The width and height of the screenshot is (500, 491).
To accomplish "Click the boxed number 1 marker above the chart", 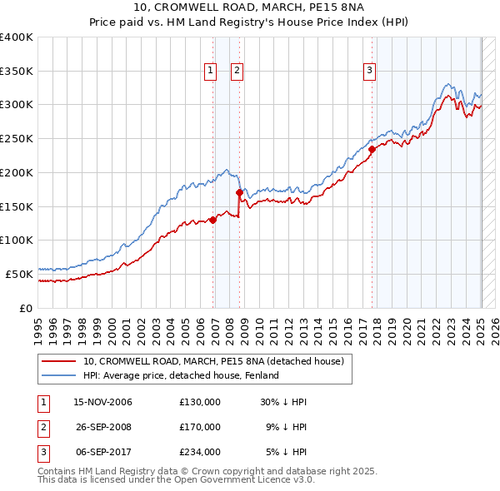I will click(x=210, y=72).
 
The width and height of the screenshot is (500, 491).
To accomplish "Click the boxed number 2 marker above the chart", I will click(x=237, y=72).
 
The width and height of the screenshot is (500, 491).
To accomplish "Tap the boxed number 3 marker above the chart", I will click(x=369, y=72).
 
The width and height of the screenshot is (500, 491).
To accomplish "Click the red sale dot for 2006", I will click(x=212, y=220).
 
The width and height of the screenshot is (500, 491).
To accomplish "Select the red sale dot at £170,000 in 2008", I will click(x=239, y=192).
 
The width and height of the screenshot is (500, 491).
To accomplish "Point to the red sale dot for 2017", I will click(x=372, y=150).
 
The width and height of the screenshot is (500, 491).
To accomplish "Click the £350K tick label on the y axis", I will click(x=17, y=71).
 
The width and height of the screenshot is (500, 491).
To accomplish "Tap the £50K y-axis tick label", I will click(x=20, y=273).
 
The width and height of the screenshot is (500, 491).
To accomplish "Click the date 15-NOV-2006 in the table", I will click(x=103, y=402).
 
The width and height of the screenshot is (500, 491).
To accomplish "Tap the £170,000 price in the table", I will click(x=200, y=427).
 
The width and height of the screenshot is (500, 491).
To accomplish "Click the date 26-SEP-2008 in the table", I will click(x=103, y=427).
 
